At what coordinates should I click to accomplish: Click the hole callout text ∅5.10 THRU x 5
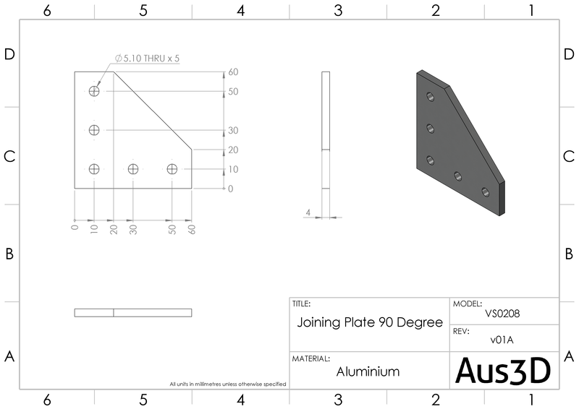pyautogui.click(x=147, y=59)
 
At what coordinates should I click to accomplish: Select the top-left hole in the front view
pyautogui.click(x=94, y=91)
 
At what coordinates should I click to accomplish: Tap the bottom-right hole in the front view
pyautogui.click(x=172, y=169)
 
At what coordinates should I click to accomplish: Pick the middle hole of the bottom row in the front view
pyautogui.click(x=133, y=169)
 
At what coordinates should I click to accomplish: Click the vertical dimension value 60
pyautogui.click(x=233, y=72)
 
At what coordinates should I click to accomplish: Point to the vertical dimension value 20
pyautogui.click(x=233, y=150)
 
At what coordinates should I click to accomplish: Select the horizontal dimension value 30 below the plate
pyautogui.click(x=133, y=228)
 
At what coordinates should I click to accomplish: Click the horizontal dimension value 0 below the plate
pyautogui.click(x=75, y=227)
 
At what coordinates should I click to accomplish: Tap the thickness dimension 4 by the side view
pyautogui.click(x=308, y=212)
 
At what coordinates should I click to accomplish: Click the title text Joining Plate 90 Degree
pyautogui.click(x=370, y=322)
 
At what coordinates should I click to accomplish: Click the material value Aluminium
pyautogui.click(x=368, y=371)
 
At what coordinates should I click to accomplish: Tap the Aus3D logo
pyautogui.click(x=504, y=370)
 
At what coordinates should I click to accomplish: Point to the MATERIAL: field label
pyautogui.click(x=311, y=358)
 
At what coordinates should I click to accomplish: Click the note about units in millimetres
pyautogui.click(x=227, y=384)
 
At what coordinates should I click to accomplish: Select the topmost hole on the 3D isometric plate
pyautogui.click(x=431, y=96)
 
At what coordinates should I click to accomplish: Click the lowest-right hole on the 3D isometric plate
pyautogui.click(x=485, y=192)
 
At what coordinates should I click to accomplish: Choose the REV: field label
pyautogui.click(x=462, y=330)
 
